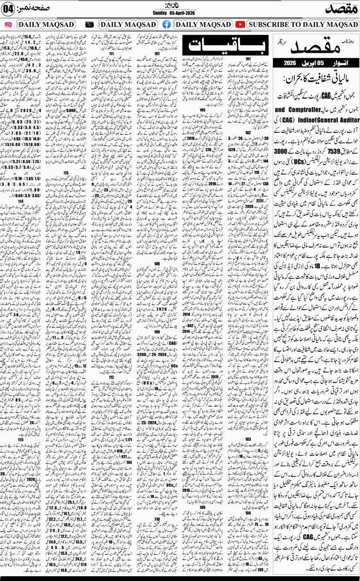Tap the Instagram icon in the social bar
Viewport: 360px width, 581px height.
[x=8, y=24]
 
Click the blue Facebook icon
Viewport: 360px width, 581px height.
[x=167, y=24]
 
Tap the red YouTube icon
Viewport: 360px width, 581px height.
[x=240, y=24]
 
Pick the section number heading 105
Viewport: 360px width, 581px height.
[x=202, y=109]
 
